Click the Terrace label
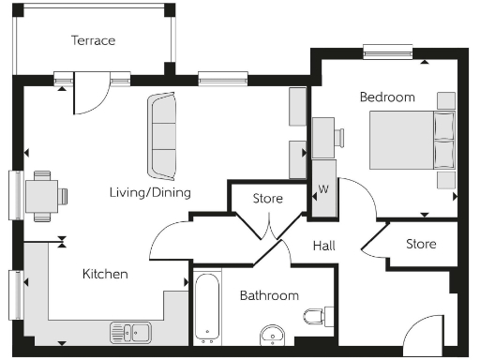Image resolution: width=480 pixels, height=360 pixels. [x=93, y=40]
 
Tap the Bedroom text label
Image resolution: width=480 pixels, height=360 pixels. [x=386, y=97]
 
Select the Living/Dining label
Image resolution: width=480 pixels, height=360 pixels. [x=149, y=193]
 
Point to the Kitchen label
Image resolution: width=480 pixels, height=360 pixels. [x=105, y=274]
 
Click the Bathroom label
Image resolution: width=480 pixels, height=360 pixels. [x=269, y=295]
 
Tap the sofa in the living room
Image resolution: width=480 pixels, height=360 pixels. [x=161, y=137]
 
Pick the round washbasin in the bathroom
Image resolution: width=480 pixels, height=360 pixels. [x=273, y=333]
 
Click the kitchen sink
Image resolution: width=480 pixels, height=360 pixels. [x=131, y=332]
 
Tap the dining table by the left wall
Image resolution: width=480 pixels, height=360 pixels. [x=42, y=197]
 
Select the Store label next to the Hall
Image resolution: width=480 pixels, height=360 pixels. [x=421, y=245]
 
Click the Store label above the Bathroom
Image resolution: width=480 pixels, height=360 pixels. [x=268, y=199]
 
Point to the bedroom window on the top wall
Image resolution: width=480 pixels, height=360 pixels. [x=387, y=52]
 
